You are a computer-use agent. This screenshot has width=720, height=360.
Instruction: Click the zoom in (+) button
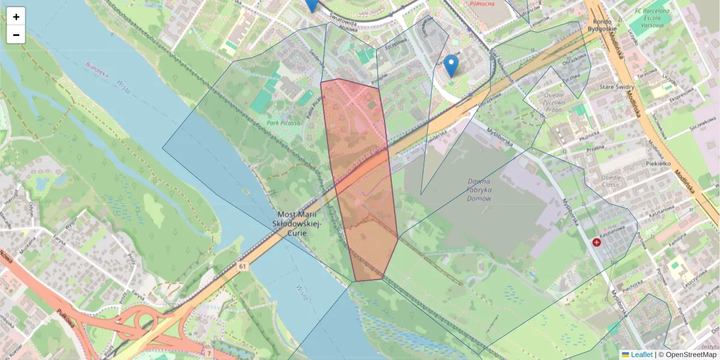[16, 17]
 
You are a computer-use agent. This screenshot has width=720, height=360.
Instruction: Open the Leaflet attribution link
[641, 355]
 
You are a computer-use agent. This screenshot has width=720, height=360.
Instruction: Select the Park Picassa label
[283, 123]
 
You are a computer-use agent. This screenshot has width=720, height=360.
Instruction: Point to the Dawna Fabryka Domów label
[487, 190]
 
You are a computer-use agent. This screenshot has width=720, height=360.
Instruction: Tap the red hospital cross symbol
[597, 242]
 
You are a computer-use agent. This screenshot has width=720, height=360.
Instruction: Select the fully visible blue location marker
[451, 65]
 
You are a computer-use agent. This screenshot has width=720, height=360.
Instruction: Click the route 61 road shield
[242, 266]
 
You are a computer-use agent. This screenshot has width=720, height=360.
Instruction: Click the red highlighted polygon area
[360, 180]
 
